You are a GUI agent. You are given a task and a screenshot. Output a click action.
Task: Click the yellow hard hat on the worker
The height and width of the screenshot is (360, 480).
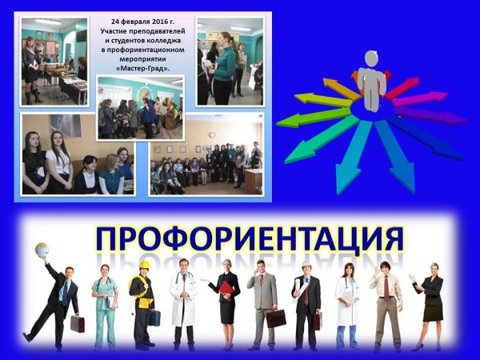pos(145,265)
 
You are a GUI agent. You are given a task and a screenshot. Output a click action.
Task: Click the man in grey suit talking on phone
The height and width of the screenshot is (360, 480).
pos(262,300)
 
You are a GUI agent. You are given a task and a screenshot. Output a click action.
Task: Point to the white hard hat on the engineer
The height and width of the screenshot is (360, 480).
pos(306,262)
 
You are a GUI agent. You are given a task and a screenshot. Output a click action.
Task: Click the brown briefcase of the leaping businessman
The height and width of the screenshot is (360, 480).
pos(78,323)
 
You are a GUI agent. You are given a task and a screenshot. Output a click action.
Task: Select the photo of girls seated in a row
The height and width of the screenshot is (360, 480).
pos(78,156)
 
